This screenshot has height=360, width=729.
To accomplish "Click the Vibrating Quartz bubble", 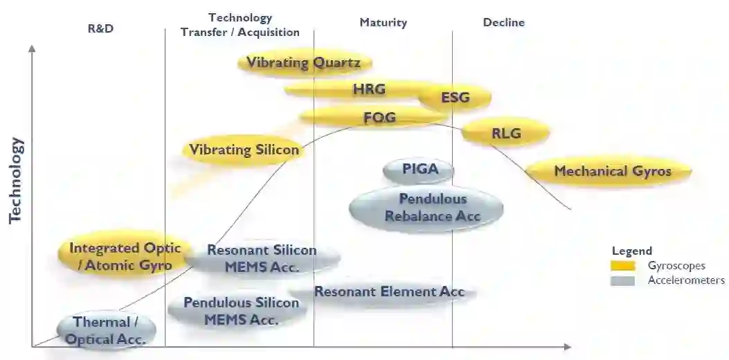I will coord(303,63).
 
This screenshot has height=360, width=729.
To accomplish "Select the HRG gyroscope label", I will coord(368,89).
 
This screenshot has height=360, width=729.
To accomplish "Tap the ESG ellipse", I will coord(455,98).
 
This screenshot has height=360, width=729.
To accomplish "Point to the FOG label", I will coord(379,118).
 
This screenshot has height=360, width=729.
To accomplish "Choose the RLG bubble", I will coord(505,133).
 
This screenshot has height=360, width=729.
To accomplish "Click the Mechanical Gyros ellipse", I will coord(612,171).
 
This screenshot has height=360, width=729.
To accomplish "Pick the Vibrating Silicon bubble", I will coord(244,150).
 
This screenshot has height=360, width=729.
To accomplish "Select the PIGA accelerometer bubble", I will coord(420,169).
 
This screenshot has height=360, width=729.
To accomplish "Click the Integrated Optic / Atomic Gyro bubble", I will coord(125,257).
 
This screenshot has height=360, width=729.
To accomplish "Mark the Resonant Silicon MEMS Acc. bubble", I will coord(262,258).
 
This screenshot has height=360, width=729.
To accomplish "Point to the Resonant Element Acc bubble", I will coord(389,291).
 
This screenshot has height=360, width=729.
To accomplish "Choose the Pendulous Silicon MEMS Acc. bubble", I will coord(240,311).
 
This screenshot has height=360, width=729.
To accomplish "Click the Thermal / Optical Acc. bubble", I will coord(106,330).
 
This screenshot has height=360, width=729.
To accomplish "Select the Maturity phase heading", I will coord(383,22).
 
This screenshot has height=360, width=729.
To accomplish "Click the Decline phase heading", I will coord(503,22).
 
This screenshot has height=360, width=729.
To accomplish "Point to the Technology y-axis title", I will coord(16,180).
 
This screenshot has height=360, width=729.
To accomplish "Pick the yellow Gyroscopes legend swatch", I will coord(623,266).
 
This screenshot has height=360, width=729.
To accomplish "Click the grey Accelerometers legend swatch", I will coord(623,280).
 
